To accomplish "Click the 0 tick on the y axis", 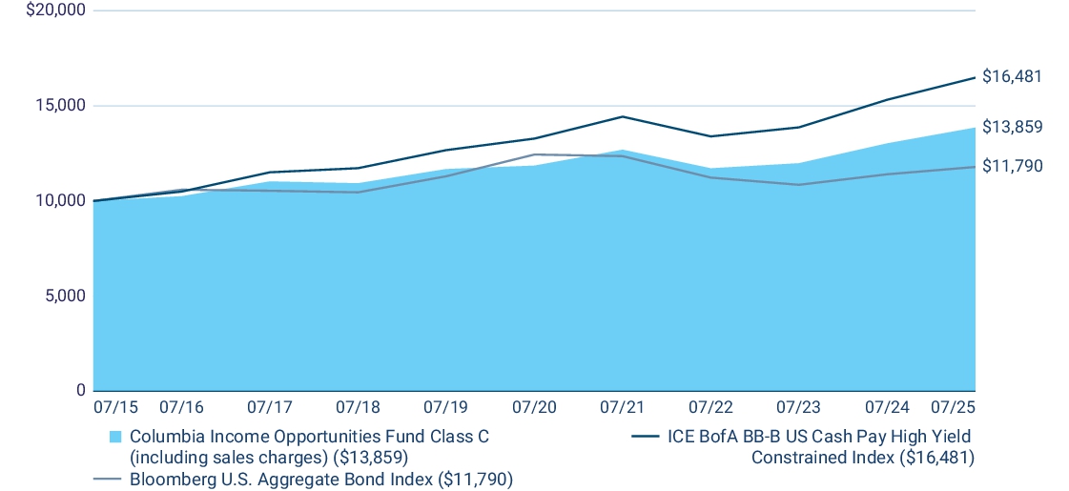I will tap(79, 390).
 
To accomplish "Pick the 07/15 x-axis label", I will tap(115, 407).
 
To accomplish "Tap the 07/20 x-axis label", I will tap(533, 407).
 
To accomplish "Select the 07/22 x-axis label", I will tap(710, 407).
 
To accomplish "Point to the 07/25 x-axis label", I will tap(953, 407).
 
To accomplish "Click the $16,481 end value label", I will tap(1012, 76).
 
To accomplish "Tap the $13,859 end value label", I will tap(1012, 127).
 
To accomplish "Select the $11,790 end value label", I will tap(1012, 166).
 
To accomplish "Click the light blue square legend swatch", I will tap(115, 437).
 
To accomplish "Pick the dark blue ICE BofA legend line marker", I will tap(646, 437).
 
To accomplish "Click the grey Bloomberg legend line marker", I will tap(107, 479).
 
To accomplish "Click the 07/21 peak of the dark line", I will tap(623, 116).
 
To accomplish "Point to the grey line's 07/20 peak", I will tap(534, 154).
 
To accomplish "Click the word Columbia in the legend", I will tap(165, 437).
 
